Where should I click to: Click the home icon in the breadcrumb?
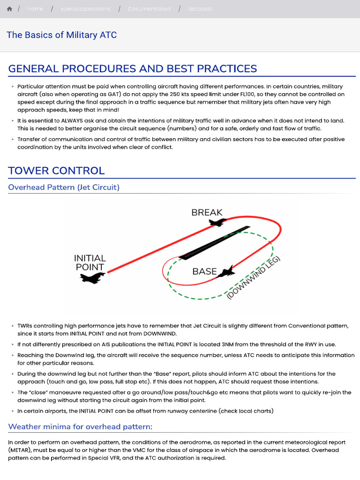pos(9,9)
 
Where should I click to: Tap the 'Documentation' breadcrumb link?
pos(149,9)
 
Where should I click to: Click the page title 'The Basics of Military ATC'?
pos(61,35)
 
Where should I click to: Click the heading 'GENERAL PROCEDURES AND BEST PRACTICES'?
pos(133,69)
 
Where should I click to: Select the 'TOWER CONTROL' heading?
pos(56,171)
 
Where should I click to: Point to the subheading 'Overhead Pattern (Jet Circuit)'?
pos(64,187)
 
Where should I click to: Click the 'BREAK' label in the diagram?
pos(207,212)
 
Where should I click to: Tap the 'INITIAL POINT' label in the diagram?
pos(90,262)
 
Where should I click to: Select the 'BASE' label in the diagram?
pos(204,271)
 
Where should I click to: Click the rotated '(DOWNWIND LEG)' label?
pos(253,278)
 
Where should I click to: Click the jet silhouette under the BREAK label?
pos(217,222)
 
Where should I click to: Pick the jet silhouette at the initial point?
pos(92,278)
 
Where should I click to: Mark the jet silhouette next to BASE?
pos(227,270)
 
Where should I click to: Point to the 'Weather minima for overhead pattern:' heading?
pos(80,427)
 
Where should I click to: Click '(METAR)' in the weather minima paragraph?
pos(20,450)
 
